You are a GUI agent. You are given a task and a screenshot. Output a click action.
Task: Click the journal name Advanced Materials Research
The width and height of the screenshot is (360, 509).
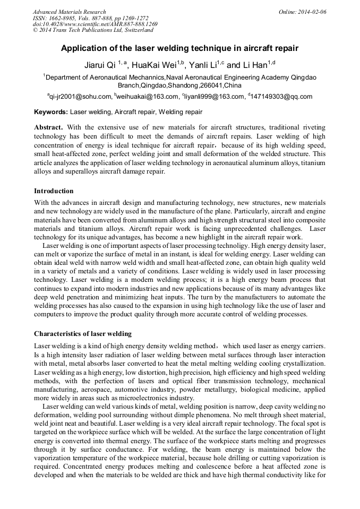coord(69,12)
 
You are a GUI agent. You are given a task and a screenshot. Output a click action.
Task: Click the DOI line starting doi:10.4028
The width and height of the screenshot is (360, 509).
coord(95,24)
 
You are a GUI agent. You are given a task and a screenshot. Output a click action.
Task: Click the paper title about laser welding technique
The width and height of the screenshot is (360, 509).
coord(179,48)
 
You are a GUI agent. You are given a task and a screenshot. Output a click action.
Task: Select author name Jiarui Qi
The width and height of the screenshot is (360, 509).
coord(100,65)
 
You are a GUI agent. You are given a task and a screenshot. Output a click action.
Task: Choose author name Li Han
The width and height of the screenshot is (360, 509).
coord(254,65)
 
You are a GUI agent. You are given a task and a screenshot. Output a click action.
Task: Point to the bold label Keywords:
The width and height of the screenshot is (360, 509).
coord(51,112)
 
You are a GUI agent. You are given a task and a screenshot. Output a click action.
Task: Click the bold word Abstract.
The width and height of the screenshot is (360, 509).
coord(48,128)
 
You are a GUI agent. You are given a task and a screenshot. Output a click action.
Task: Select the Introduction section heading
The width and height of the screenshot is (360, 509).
coord(54,191)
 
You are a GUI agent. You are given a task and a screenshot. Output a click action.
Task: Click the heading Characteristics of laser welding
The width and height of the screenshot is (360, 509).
coord(83,334)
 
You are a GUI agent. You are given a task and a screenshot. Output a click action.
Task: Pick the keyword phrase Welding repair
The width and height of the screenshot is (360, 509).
coord(181,112)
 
